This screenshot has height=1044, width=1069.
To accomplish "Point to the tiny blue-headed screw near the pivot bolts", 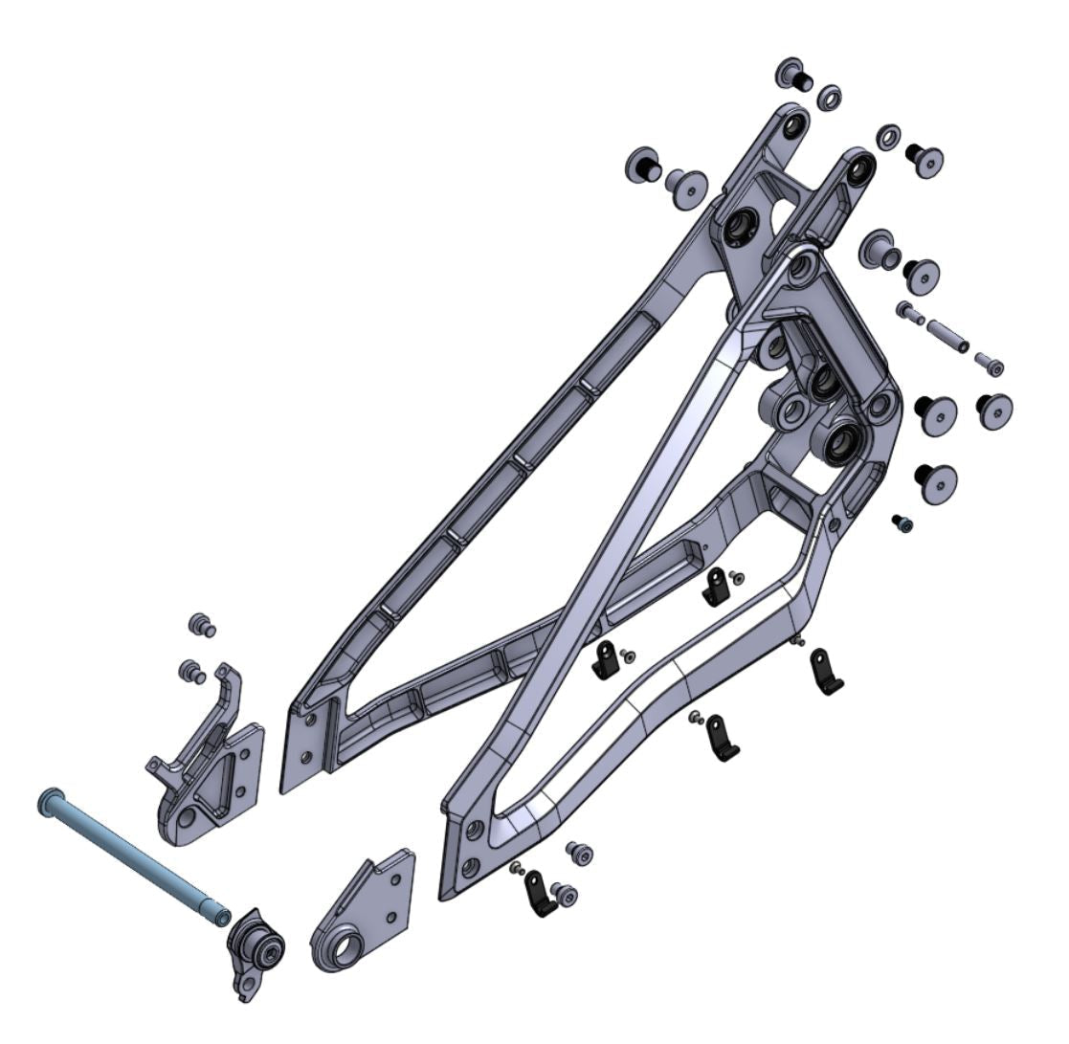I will tap(902, 522).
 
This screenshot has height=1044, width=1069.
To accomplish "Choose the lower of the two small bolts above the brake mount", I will tap(192, 670).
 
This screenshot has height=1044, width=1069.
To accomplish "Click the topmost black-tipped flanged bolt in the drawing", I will tap(793, 73).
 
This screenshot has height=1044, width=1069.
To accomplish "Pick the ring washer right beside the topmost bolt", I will tap(830, 97).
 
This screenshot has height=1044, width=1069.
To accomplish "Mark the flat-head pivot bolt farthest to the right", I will tap(994, 409).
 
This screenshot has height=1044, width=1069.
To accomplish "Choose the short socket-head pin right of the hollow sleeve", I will tap(990, 364).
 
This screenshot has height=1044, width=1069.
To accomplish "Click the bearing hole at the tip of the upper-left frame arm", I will tap(792, 126).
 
